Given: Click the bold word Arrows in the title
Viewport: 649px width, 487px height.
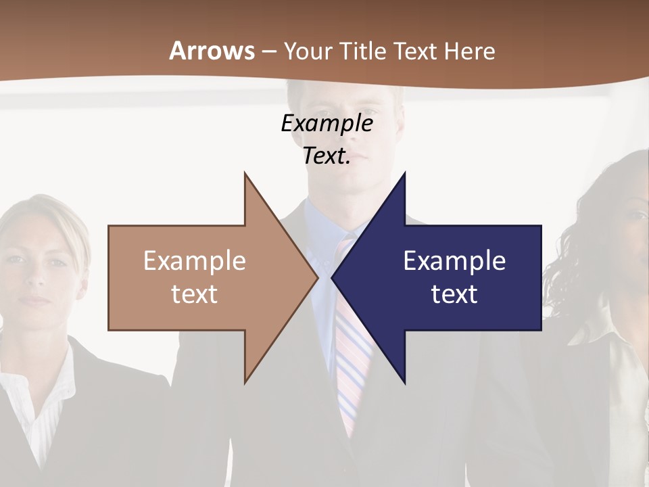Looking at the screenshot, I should tap(212, 51).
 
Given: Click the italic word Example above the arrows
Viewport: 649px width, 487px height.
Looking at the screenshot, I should tap(327, 123).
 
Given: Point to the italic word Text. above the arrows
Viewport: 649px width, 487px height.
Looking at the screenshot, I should tap(327, 156).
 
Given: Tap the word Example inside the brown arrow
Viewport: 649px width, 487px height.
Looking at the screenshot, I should tap(194, 260).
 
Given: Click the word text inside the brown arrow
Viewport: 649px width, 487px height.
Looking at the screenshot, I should tap(194, 294).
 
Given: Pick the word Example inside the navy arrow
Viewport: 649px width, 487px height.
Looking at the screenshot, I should tap(454, 260).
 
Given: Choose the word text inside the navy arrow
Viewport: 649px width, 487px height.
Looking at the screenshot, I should tap(454, 294).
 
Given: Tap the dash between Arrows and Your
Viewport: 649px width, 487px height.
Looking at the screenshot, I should tap(268, 51).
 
